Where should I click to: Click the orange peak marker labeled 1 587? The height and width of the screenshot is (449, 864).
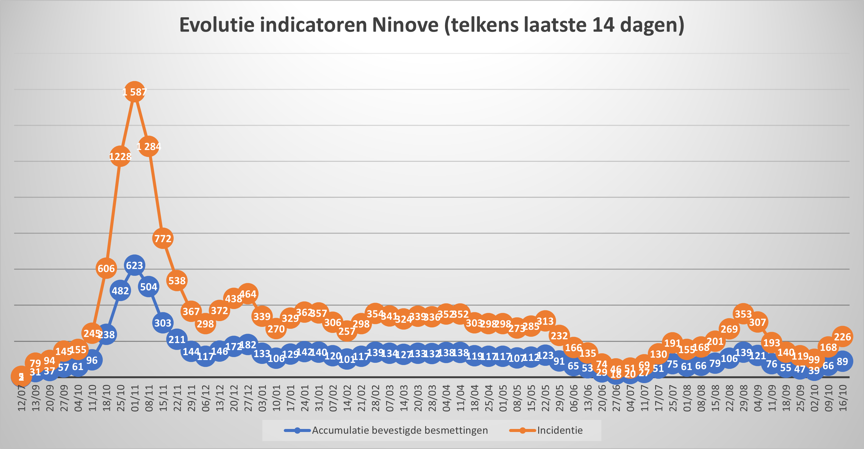(x=135, y=91)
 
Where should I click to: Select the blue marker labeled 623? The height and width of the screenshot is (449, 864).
(x=135, y=265)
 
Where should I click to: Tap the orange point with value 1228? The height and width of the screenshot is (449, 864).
(x=120, y=156)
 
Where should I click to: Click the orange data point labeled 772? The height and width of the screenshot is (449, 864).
(x=163, y=238)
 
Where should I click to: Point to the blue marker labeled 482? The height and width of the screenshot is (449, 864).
(x=120, y=291)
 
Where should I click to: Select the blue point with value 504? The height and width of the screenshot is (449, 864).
(x=149, y=287)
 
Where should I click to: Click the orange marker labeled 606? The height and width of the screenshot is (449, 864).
(x=106, y=268)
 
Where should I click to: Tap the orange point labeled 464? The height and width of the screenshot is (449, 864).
(x=248, y=294)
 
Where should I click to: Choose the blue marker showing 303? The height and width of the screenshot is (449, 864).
(x=163, y=323)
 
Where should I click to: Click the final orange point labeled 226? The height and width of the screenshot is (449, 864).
(x=842, y=336)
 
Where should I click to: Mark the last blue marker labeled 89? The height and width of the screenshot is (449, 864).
(x=842, y=361)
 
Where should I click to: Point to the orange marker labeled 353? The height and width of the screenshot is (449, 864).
(x=743, y=314)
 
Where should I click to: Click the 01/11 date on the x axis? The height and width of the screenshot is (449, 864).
(x=135, y=398)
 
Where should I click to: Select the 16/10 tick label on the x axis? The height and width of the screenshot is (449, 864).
(x=843, y=398)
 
